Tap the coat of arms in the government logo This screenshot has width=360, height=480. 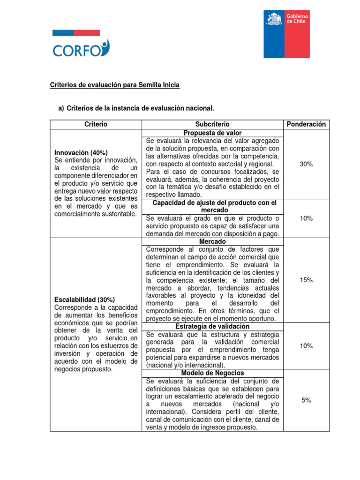coord(273,20)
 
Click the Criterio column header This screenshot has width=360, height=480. coord(96,124)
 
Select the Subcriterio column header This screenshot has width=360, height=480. coord(213,124)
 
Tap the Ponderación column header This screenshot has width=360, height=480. coord(307,124)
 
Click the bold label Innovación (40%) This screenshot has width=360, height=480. coord(81,153)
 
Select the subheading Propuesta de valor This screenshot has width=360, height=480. coord(213,133)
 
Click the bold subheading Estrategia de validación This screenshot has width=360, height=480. coord(212,326)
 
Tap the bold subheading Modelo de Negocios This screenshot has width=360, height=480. coord(213,373)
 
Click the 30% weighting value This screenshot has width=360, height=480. coord(307,164)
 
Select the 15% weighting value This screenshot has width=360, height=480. coord(307,280)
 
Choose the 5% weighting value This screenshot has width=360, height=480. coord(307,400)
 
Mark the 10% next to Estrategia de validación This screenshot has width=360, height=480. coord(307,346)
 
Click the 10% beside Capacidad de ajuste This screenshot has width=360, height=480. coord(307,218)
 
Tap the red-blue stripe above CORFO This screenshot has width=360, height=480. coord(75,33)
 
